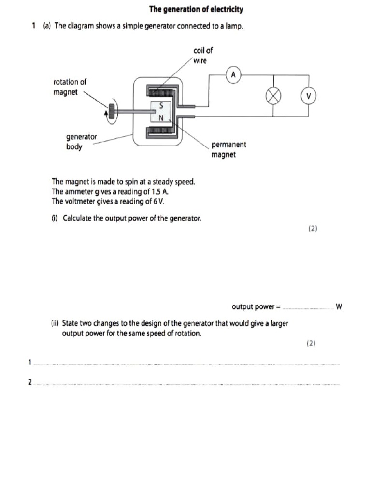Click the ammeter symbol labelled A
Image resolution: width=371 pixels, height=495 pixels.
233,75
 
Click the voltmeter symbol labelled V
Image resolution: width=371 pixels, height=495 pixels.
308,96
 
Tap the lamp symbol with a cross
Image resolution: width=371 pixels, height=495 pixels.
274,96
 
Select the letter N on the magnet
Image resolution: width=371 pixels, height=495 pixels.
161,117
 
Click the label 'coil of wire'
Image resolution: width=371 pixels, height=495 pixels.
202,55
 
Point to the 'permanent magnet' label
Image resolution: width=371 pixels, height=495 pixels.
228,149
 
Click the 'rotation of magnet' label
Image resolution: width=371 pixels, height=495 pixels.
70,87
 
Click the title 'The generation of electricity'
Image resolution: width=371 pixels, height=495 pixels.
196,9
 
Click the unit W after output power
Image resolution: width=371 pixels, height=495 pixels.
339,306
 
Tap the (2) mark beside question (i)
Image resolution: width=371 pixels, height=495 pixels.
313,228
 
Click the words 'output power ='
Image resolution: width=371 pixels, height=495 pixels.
256,306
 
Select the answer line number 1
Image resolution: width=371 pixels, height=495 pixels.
30,362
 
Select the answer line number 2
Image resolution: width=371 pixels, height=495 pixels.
30,382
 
